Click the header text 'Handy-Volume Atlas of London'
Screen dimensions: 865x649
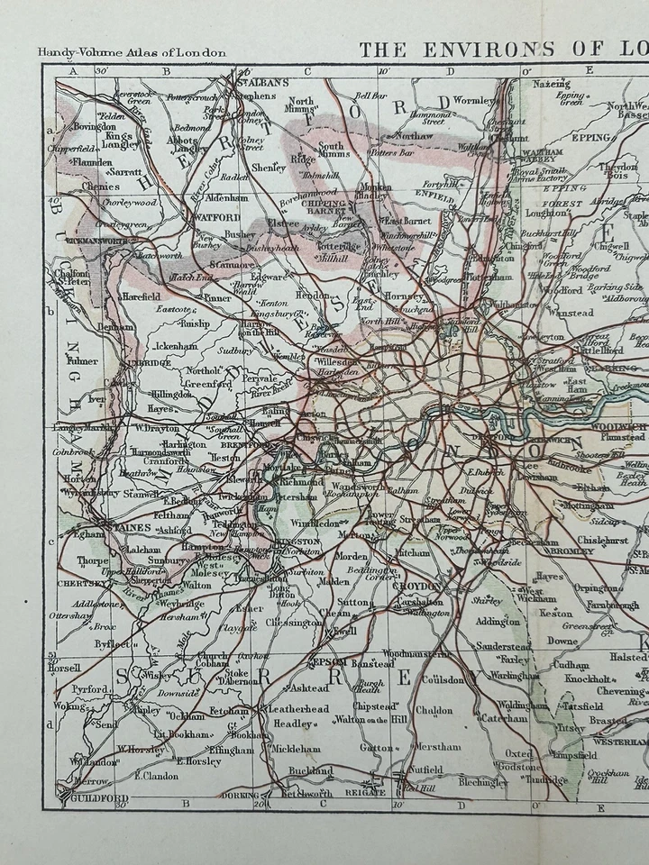pos(132,52)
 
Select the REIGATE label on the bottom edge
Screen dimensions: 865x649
pos(365,792)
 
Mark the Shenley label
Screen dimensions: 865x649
pos(269,167)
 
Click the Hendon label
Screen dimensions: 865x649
pos(312,295)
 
